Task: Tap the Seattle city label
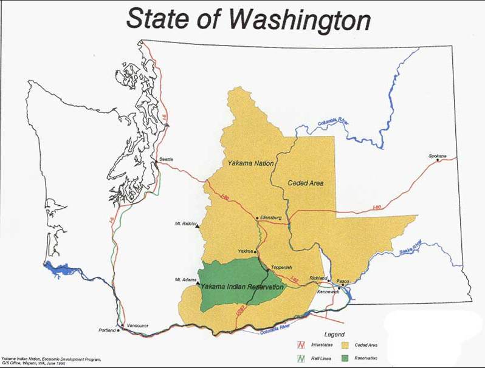pos(167,160)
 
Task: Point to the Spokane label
pos(437,157)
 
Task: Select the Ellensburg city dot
pos(257,217)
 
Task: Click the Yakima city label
pos(245,250)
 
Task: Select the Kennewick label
pos(328,291)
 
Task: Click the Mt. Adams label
pos(184,280)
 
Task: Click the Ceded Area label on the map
pos(306,182)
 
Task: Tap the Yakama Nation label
pos(250,164)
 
